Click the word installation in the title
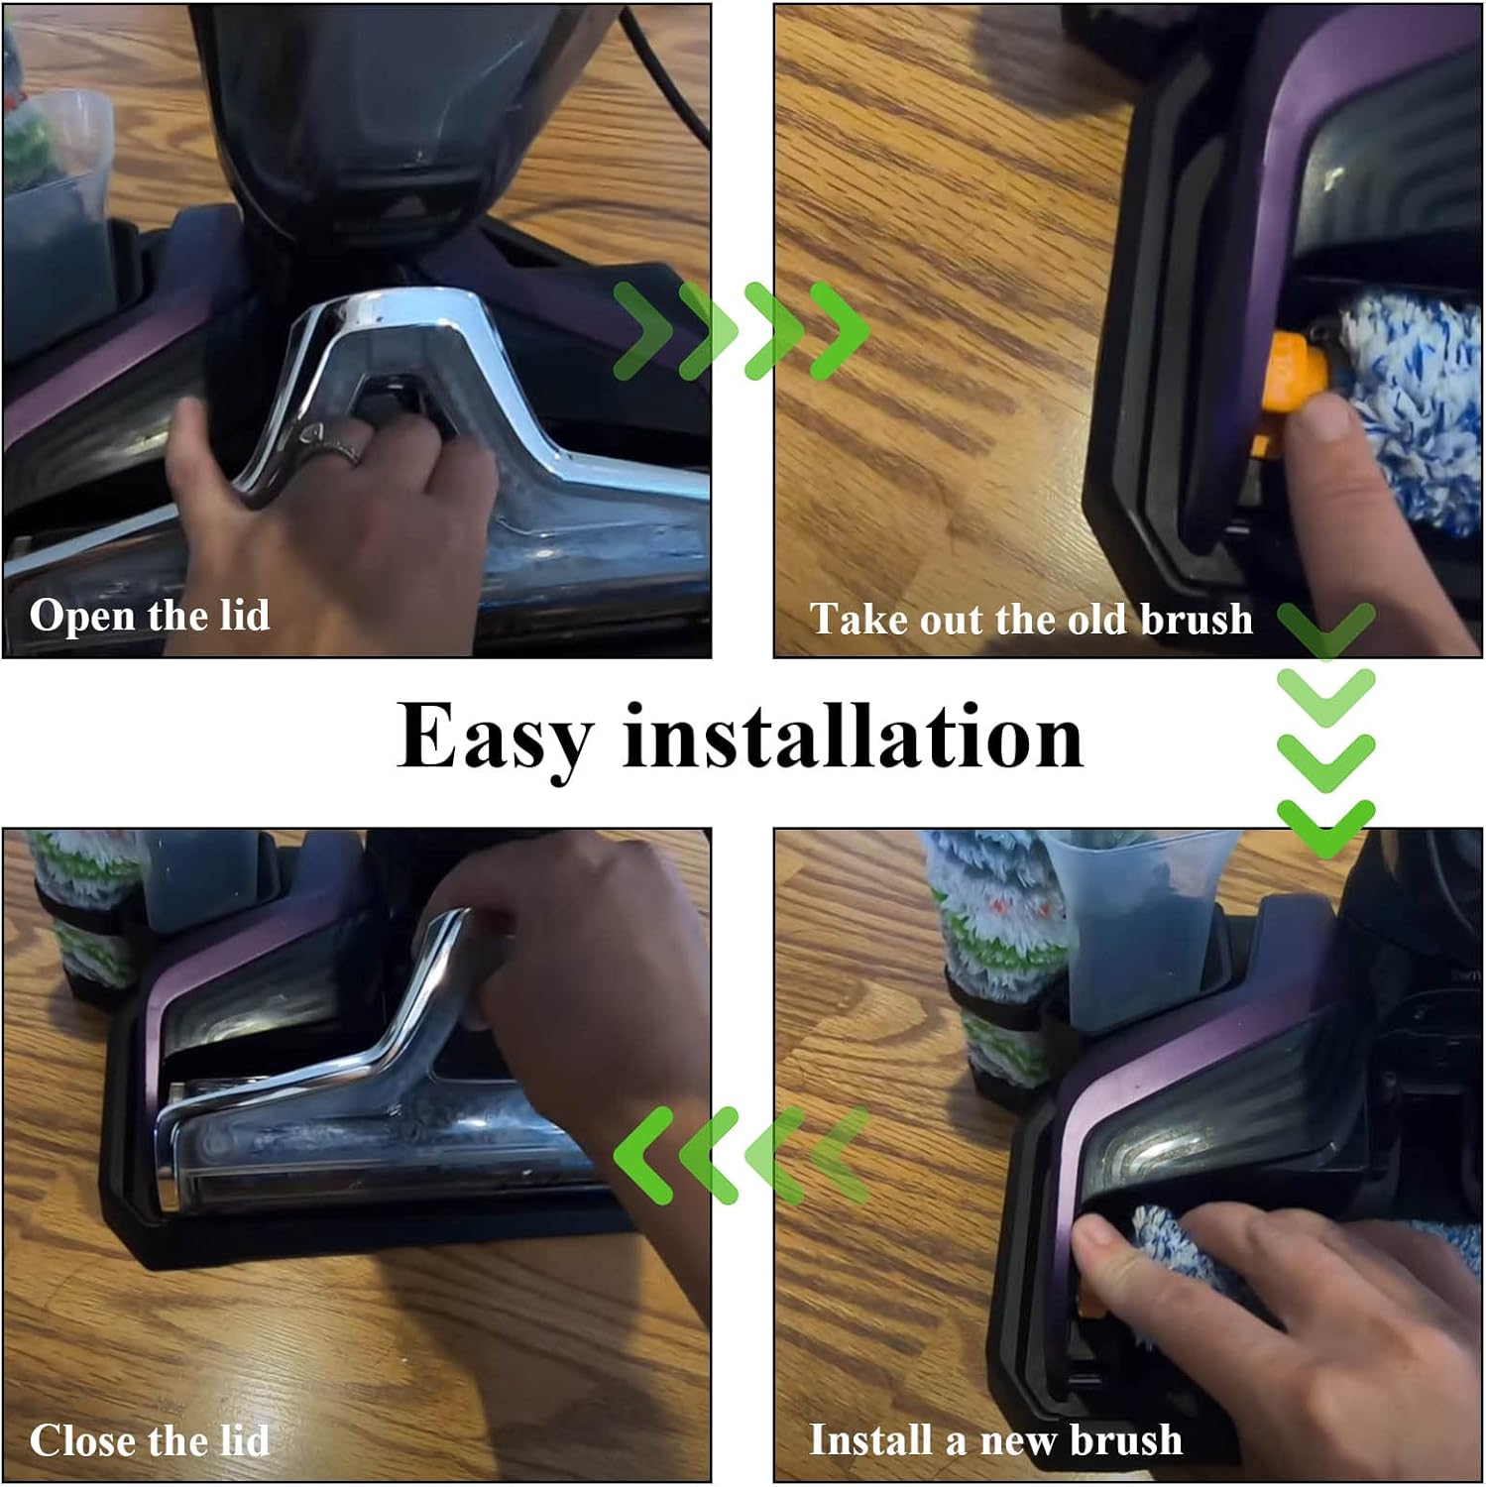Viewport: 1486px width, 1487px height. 853,736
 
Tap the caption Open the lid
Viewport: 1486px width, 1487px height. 150,615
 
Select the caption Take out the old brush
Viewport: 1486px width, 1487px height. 1031,620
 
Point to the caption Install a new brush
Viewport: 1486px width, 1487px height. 995,1439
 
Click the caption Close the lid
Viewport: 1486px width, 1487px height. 150,1439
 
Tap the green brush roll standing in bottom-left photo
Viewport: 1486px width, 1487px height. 84,912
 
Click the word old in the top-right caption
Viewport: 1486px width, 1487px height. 1098,620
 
